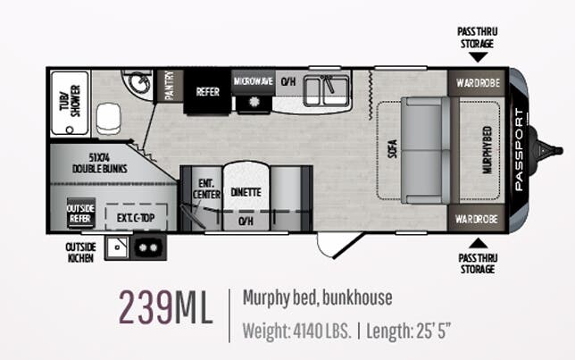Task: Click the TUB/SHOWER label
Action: (70, 101)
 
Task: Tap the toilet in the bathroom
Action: (108, 118)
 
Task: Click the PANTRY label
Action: (170, 86)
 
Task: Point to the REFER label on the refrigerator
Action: (207, 92)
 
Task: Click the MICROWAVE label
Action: (254, 81)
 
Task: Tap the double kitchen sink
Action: (327, 90)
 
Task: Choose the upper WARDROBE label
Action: (478, 83)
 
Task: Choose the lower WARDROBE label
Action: (477, 219)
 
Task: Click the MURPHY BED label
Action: (487, 150)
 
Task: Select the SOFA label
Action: (392, 149)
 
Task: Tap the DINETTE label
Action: (246, 192)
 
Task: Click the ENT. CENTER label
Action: (206, 189)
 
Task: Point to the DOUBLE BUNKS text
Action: (100, 169)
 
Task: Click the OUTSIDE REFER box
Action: (80, 213)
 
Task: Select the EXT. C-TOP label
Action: (136, 218)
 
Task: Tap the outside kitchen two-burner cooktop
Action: (148, 248)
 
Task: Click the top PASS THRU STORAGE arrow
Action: (479, 57)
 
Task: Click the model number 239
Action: (146, 306)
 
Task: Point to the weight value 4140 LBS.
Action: (322, 331)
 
